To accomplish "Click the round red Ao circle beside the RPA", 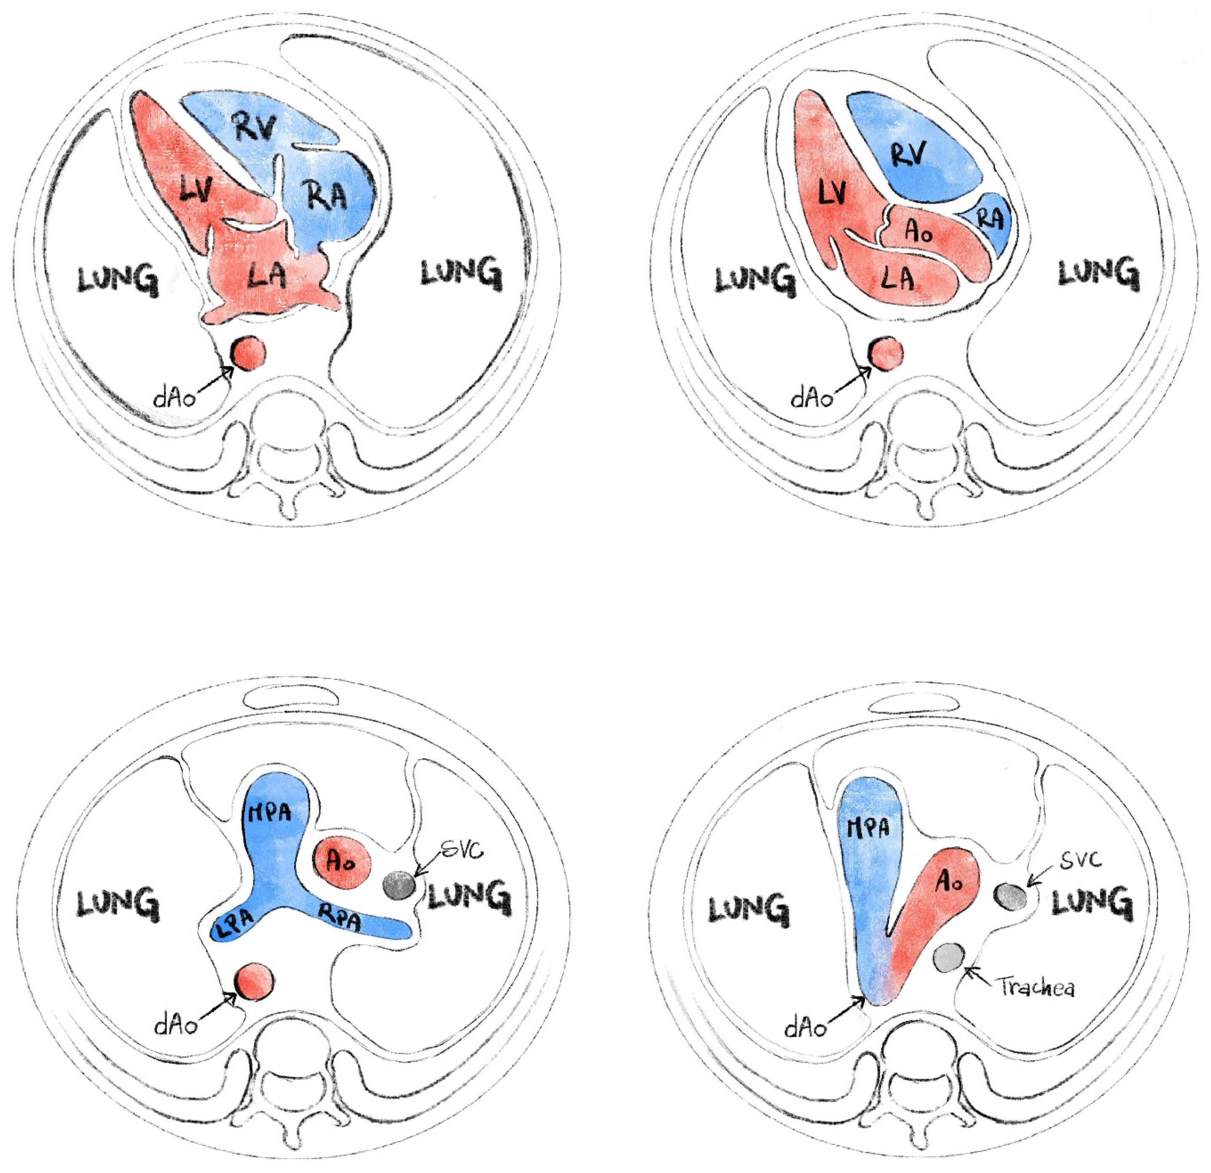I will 342,862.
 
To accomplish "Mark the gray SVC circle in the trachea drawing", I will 1011,896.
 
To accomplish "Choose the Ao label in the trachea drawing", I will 949,882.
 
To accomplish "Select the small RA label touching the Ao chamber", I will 990,219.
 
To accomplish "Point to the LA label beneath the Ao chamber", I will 897,278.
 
